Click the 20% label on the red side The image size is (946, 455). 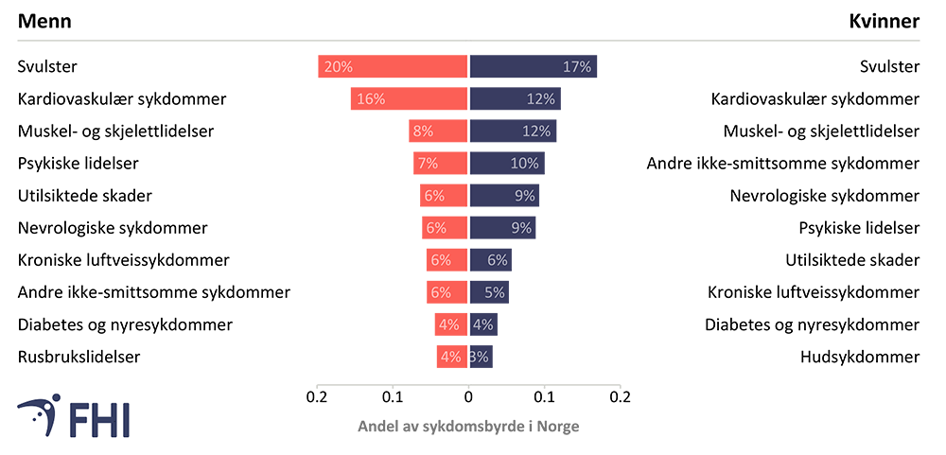(338, 67)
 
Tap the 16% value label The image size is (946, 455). (371, 99)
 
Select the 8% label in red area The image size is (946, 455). (423, 131)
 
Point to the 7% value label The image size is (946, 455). (428, 164)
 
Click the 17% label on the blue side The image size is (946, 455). (576, 67)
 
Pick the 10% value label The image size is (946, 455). (524, 164)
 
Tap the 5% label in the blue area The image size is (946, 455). (494, 292)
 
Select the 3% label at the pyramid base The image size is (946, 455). (479, 358)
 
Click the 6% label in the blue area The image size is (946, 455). (498, 260)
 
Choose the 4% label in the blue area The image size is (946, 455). (482, 325)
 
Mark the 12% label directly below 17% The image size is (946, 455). (540, 99)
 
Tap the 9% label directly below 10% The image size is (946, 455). (524, 196)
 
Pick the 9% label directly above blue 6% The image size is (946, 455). (520, 228)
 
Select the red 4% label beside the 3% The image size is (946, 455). (450, 358)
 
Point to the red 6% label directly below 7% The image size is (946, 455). (434, 196)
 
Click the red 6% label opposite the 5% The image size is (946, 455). (441, 292)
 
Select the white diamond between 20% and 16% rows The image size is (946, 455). (468, 83)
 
